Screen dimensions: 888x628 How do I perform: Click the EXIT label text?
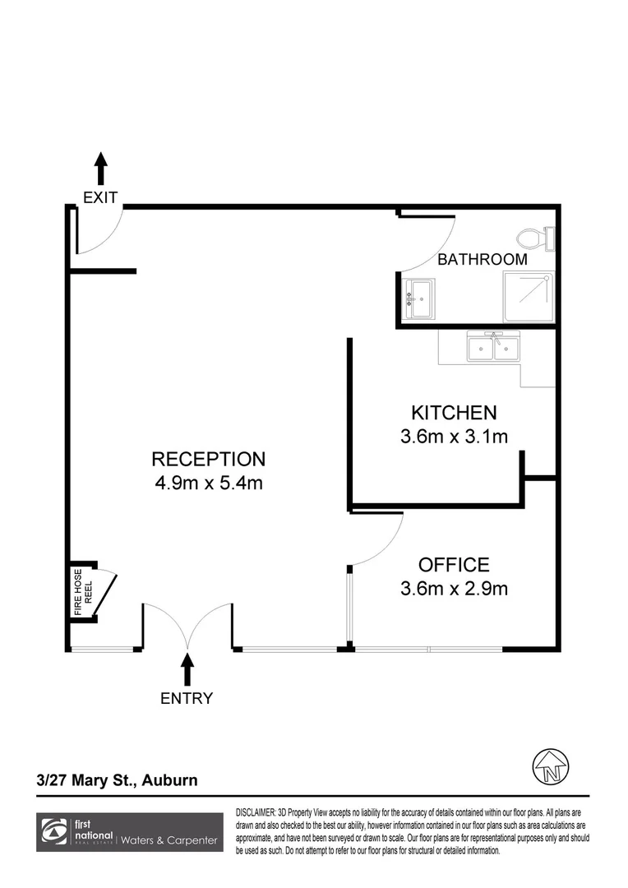coord(100,197)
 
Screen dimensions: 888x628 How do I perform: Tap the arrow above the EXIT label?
coord(100,169)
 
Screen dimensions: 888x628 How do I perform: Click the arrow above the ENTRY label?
coord(187,668)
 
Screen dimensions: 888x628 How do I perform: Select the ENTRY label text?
coord(187,699)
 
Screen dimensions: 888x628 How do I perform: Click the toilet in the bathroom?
coord(543,238)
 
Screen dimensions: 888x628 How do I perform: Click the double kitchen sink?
coord(493,346)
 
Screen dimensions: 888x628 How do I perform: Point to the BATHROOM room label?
coord(482,260)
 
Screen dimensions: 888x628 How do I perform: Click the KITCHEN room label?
coord(454,413)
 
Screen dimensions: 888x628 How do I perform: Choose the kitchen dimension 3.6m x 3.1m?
coord(454,437)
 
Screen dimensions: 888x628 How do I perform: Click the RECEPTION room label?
coord(208,460)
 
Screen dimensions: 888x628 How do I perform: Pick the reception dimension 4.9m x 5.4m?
coord(208,483)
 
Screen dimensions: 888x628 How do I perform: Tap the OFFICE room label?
coord(454,565)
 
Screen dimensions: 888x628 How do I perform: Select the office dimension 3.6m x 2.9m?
coord(454,589)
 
